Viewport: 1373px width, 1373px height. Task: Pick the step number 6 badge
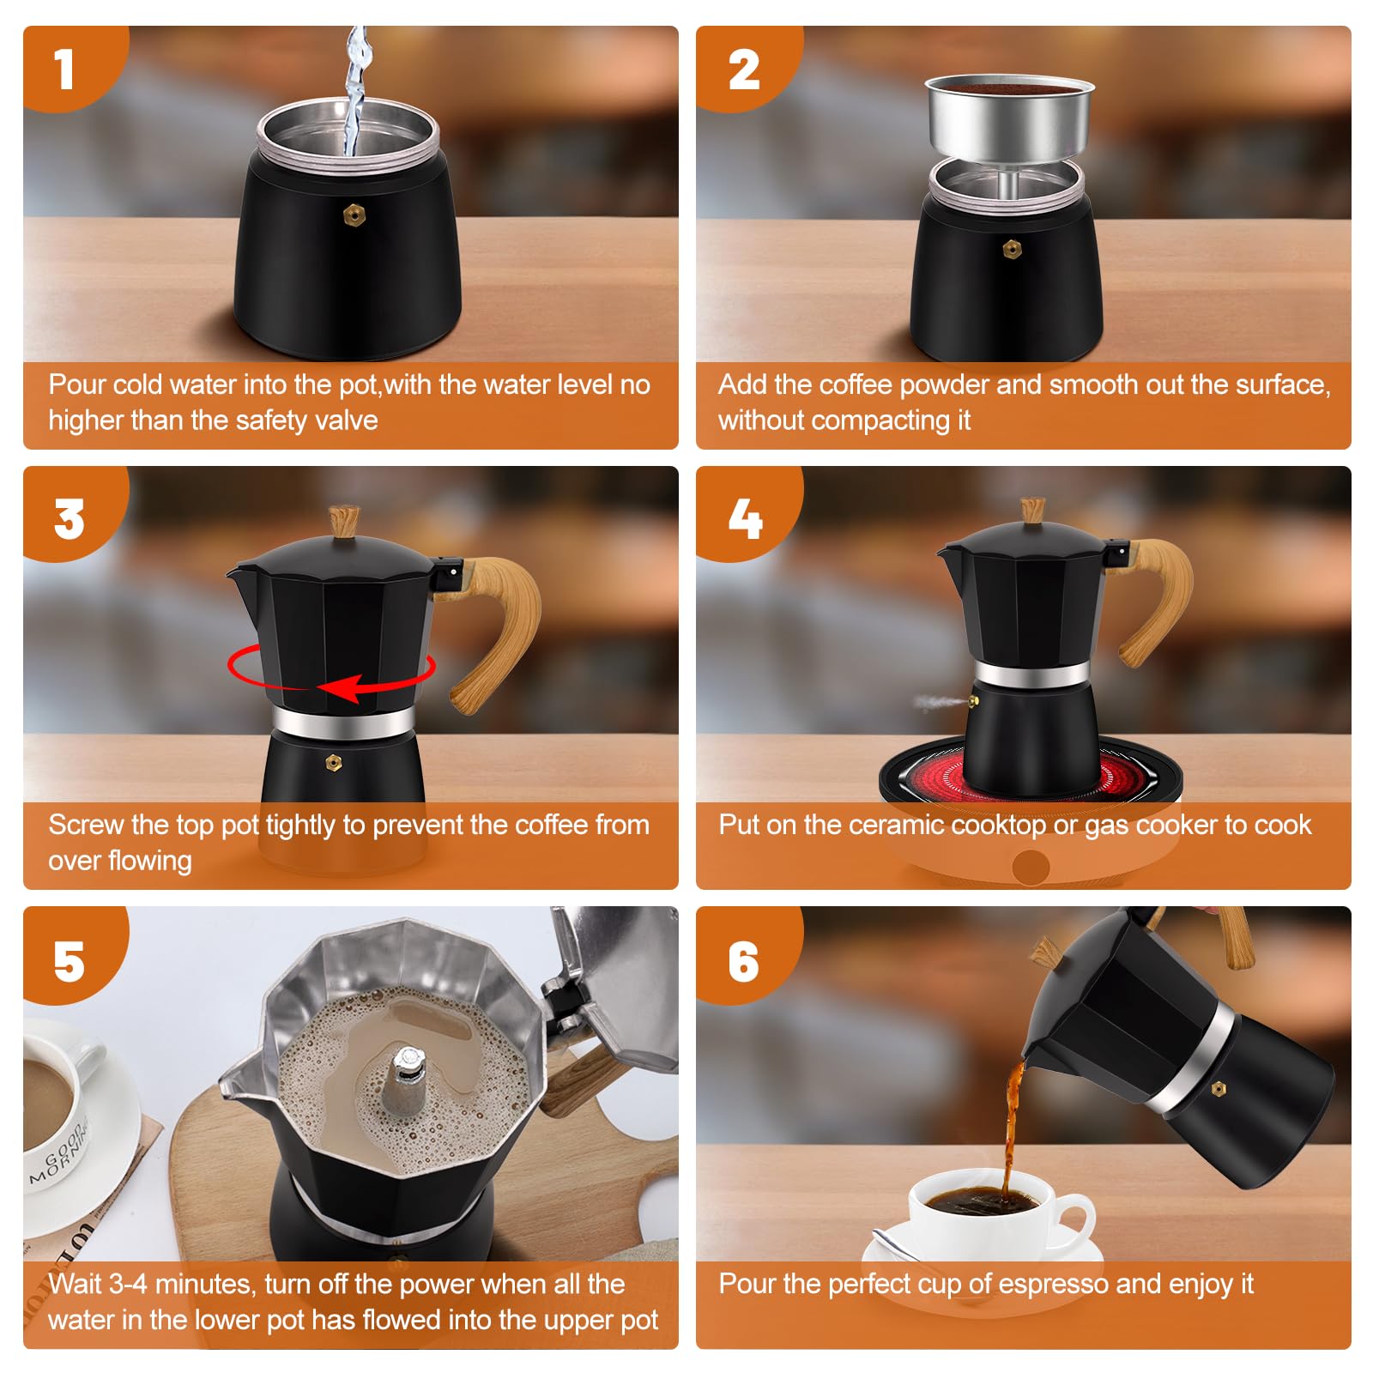pos(744,959)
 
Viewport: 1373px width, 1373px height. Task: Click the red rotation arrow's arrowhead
pos(338,688)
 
